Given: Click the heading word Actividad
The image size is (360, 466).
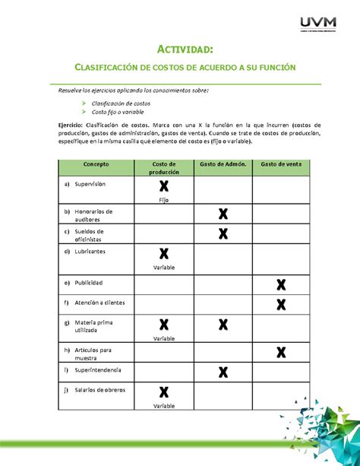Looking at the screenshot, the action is [x=179, y=49].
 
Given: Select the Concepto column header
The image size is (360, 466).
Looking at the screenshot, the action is [x=96, y=165].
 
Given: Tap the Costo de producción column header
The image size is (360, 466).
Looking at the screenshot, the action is [x=163, y=169].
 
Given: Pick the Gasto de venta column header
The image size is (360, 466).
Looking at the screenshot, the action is [x=281, y=165].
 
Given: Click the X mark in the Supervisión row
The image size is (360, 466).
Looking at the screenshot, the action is [x=163, y=187].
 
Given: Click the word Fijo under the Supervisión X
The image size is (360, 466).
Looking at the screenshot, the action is [x=163, y=199].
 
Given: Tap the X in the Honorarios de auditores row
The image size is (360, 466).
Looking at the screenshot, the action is [x=223, y=214].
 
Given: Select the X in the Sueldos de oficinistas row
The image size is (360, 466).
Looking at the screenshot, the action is [x=223, y=233].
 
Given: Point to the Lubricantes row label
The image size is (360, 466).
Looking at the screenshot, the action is [x=90, y=251].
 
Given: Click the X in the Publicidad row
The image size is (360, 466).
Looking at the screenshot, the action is [x=281, y=285].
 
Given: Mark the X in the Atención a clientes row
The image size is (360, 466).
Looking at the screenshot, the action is [x=281, y=305].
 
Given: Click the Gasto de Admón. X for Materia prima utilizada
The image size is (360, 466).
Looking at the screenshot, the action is [x=223, y=326].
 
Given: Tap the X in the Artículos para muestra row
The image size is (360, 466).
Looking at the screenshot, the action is [x=281, y=352].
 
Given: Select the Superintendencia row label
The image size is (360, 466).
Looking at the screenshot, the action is [x=101, y=370].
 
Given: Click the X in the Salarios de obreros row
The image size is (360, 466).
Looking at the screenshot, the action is [x=163, y=392].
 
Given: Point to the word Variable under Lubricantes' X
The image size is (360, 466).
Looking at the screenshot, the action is [x=163, y=268].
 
